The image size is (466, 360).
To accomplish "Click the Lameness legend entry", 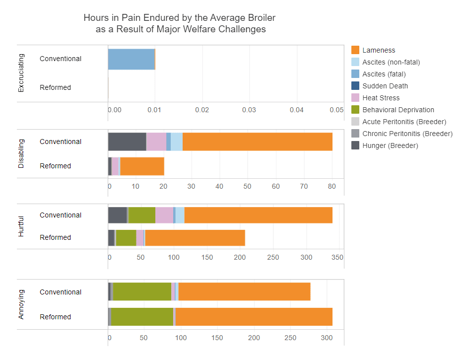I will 379,50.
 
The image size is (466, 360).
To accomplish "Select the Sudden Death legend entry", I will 385,86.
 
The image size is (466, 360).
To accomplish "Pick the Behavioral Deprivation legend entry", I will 398,110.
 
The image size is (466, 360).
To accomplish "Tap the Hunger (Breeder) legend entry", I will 390,145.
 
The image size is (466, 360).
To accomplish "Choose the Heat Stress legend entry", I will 381,98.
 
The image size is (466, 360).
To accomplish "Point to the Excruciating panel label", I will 21,73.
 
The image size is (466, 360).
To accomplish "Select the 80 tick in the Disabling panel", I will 332,186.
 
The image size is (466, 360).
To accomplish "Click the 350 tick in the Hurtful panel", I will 337,258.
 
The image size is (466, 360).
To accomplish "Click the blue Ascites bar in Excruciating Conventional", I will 131,59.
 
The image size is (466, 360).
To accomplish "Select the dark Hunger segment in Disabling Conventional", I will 127,142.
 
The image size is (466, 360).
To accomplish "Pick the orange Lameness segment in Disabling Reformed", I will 142,166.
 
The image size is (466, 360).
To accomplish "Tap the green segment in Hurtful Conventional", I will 142,216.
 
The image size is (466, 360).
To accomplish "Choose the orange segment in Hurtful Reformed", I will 195,238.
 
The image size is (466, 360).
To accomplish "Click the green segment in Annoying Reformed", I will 142,317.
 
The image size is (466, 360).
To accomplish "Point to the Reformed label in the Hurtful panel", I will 55,237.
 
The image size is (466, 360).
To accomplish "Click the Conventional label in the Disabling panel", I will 61,142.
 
